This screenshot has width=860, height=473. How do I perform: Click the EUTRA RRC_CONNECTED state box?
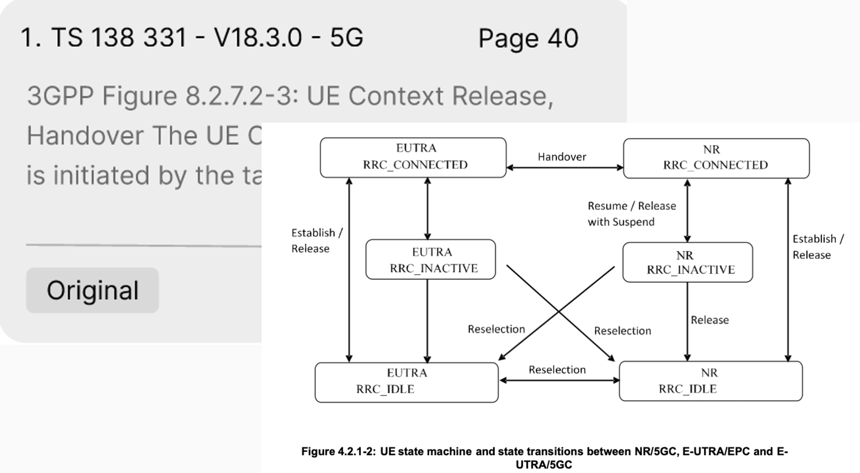(413, 157)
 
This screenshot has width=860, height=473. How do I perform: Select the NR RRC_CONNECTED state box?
(716, 158)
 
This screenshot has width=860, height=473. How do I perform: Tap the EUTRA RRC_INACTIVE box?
(430, 259)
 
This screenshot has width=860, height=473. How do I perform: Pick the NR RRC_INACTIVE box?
(687, 262)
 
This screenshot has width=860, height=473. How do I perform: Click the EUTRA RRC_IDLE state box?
(406, 382)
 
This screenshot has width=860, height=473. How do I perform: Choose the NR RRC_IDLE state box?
(710, 381)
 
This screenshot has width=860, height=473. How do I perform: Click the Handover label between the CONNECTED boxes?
(562, 157)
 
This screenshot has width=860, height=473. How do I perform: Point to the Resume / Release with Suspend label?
(631, 214)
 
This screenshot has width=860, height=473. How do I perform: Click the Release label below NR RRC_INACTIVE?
(710, 320)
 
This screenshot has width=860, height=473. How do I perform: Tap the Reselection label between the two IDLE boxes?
(557, 370)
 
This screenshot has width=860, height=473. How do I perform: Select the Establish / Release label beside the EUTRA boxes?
(317, 240)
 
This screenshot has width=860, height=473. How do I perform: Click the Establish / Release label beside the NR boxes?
(818, 247)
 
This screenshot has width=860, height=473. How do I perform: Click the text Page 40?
(528, 38)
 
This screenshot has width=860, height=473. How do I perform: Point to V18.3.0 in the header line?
(258, 37)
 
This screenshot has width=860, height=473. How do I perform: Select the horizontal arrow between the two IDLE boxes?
(559, 381)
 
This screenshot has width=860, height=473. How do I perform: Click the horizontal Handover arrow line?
(564, 168)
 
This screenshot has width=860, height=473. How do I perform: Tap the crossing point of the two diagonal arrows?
(558, 312)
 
